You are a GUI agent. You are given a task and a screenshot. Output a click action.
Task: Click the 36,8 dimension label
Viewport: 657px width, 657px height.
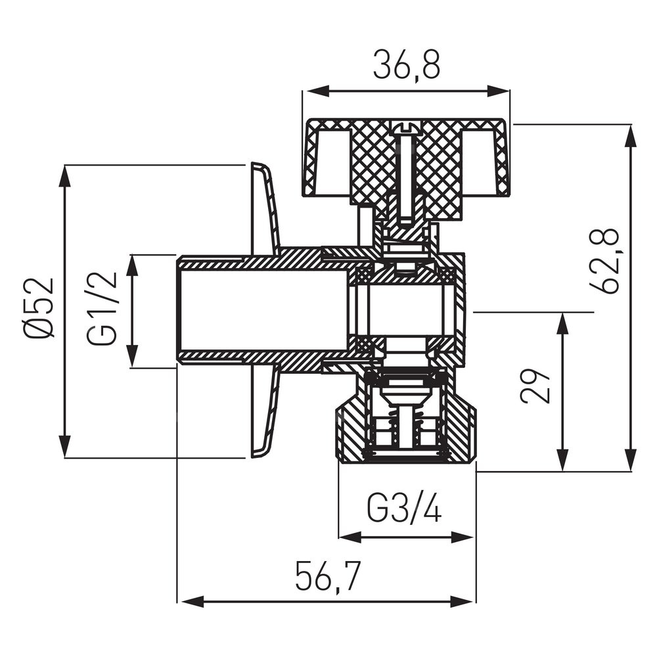[x=405, y=64]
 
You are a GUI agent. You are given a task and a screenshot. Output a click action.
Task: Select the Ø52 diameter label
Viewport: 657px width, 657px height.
[x=39, y=307]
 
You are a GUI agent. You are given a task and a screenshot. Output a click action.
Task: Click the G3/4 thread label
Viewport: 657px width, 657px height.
[x=404, y=509]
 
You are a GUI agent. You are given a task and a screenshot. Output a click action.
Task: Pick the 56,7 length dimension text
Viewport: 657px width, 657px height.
[x=327, y=576]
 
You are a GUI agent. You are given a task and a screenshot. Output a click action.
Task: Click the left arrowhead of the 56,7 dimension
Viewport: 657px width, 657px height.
[x=185, y=600]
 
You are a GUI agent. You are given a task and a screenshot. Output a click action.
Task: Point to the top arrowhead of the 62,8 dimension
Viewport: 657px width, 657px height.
[x=631, y=130]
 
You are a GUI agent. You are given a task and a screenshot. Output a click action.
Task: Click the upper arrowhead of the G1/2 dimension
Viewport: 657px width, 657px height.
[x=133, y=260]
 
